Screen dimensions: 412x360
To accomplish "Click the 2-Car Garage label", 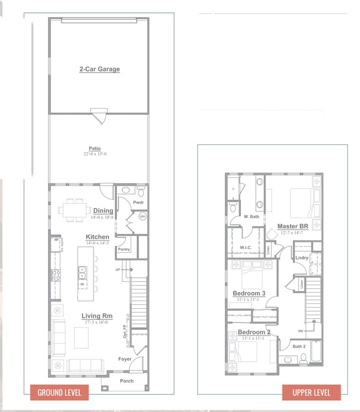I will pyautogui.click(x=99, y=69).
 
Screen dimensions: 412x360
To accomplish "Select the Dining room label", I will pyautogui.click(x=103, y=211).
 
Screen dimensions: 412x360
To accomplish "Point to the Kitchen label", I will pyautogui.click(x=97, y=237).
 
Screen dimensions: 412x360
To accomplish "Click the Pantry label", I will pyautogui.click(x=124, y=250).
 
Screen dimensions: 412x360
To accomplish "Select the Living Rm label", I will pyautogui.click(x=97, y=316).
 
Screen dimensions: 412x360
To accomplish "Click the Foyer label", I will pyautogui.click(x=125, y=359).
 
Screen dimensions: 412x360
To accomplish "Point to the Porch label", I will pyautogui.click(x=126, y=381).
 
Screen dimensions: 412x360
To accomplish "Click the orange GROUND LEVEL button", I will pyautogui.click(x=59, y=393).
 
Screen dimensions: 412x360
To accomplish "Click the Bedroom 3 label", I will pyautogui.click(x=249, y=293).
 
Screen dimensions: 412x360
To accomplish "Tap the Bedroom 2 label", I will pyautogui.click(x=254, y=332).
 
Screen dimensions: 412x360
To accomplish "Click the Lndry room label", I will pyautogui.click(x=302, y=258).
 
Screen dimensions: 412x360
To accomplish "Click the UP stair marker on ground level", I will pyautogui.click(x=117, y=269).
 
